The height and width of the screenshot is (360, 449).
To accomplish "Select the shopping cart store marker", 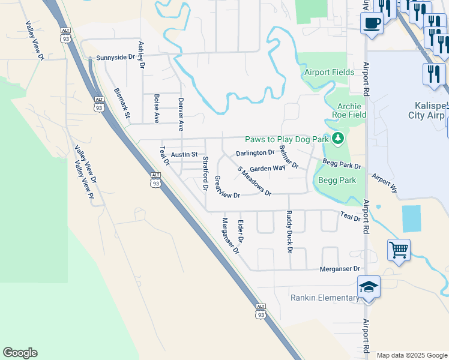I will (399, 248).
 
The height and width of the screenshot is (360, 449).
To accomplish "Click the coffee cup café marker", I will (372, 23).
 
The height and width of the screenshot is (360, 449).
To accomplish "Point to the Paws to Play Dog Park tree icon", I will (339, 139).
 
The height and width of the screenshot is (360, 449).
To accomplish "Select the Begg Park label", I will (339, 180).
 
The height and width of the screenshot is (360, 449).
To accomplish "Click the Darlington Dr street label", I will (255, 153).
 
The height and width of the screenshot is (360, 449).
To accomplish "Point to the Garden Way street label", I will (267, 169).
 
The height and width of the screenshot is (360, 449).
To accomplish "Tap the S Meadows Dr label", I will (255, 182).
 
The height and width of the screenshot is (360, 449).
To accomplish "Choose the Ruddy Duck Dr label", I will (289, 231).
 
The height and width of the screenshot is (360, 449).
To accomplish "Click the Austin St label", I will (184, 155).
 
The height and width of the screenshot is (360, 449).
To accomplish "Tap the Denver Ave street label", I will (181, 114).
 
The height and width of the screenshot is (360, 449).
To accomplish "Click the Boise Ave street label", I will (156, 109).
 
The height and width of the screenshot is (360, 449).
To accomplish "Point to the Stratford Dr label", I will (205, 173).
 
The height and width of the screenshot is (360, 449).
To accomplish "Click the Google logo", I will (20, 353).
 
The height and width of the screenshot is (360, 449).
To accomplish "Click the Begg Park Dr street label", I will (342, 164).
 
